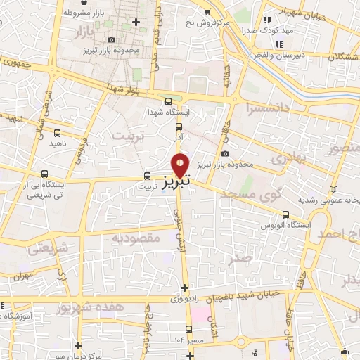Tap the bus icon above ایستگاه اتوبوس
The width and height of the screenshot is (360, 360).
tap(285, 215)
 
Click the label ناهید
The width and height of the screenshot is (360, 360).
tap(58, 143)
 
